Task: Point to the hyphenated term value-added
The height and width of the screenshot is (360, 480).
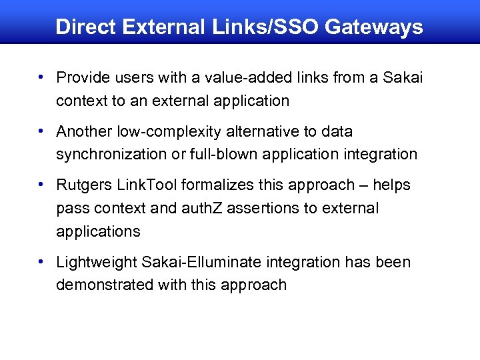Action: (x=227, y=78)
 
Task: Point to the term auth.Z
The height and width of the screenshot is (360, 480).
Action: (x=199, y=208)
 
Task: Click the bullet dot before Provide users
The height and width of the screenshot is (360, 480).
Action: (x=42, y=77)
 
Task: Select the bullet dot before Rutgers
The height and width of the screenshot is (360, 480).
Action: (x=42, y=184)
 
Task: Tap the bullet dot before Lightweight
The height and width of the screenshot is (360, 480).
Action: (x=42, y=261)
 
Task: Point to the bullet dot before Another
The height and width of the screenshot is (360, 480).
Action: (x=42, y=131)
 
